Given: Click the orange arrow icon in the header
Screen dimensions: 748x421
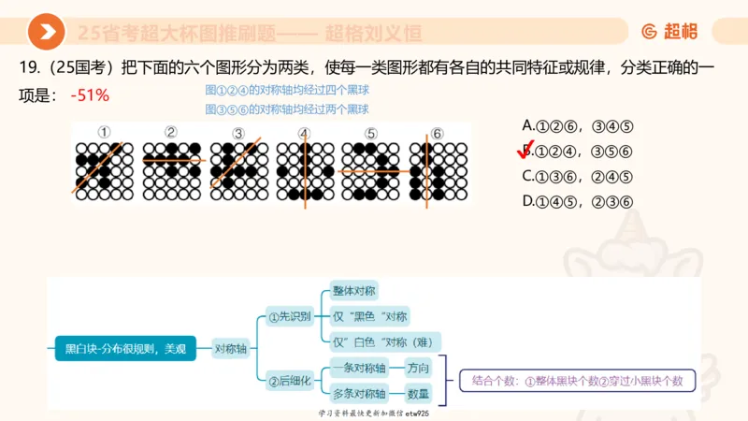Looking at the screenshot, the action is (x=46, y=33).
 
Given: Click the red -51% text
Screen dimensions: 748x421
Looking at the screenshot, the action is (x=90, y=94).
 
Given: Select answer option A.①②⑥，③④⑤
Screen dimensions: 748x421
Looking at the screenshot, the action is (x=579, y=125).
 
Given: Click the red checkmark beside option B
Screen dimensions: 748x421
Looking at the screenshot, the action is (x=525, y=151).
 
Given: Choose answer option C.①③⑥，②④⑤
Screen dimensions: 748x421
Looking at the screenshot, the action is (x=579, y=176).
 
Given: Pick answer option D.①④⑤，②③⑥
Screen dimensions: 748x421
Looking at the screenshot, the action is (x=579, y=201).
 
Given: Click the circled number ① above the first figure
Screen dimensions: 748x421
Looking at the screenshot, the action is (x=104, y=133).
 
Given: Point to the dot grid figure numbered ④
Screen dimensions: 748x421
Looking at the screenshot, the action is (x=304, y=170).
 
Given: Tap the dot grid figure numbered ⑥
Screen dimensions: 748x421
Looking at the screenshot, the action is (x=437, y=170).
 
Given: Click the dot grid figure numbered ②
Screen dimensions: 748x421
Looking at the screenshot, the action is (x=171, y=170).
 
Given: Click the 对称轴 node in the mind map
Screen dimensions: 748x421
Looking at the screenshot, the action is (x=231, y=348).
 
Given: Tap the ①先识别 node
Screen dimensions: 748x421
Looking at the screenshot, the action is (x=289, y=316).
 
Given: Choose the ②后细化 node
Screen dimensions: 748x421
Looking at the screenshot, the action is (x=289, y=380).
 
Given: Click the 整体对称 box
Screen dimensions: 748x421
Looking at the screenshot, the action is (x=354, y=291).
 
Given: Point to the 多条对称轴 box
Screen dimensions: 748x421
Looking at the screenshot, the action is (x=361, y=394).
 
